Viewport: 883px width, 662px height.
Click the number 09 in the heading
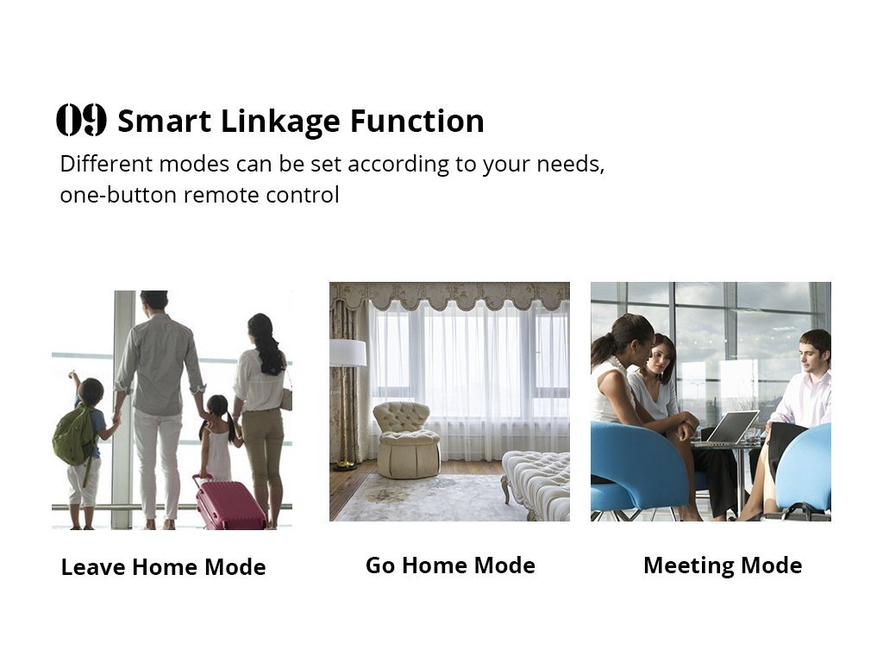(81, 120)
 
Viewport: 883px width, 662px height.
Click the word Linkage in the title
(280, 122)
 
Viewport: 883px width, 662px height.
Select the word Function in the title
(416, 121)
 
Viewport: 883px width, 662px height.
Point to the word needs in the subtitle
(570, 165)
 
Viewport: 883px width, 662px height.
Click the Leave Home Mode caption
(163, 567)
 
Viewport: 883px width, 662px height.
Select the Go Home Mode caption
(450, 565)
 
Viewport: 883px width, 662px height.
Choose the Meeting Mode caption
(723, 565)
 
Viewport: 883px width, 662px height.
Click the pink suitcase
(229, 503)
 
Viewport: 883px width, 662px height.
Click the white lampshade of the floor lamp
(348, 353)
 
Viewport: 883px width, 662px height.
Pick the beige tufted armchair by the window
(406, 440)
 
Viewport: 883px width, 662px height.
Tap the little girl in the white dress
(218, 439)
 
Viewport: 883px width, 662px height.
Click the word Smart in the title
(165, 121)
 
